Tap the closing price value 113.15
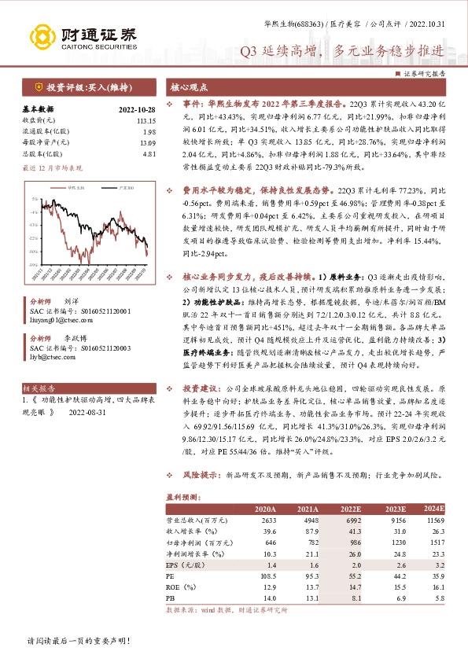tap(146, 120)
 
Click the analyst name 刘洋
tap(71, 302)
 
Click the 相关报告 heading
tap(38, 388)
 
